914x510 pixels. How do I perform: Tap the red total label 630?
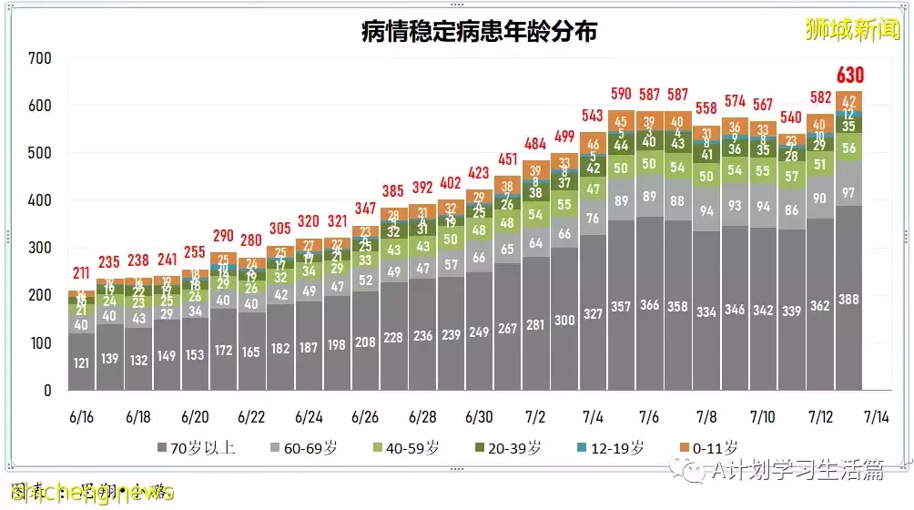click(x=849, y=75)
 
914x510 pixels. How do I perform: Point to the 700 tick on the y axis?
click(x=40, y=58)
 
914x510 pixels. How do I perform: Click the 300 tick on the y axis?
click(x=40, y=248)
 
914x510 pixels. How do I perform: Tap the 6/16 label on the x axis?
click(x=82, y=416)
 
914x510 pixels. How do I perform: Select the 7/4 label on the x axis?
click(x=593, y=416)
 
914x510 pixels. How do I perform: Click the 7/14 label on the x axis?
click(x=877, y=416)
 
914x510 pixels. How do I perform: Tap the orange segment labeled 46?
click(x=594, y=144)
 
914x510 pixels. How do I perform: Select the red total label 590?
click(x=622, y=93)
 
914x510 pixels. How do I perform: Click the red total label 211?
click(x=82, y=272)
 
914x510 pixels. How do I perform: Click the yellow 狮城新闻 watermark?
click(x=852, y=29)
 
